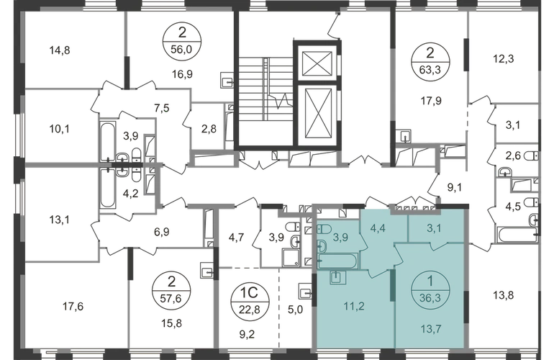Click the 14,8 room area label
(60, 50)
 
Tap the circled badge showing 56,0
(182, 42)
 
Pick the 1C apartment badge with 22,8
(250, 301)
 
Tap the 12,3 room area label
(503, 58)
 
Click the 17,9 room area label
(431, 101)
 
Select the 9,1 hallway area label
(455, 187)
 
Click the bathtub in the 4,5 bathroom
(517, 235)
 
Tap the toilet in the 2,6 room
(532, 156)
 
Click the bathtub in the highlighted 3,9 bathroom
(337, 261)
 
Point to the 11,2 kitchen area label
(354, 306)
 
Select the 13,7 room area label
(431, 329)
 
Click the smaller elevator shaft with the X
(317, 63)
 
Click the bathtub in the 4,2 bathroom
(107, 189)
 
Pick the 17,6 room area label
(73, 306)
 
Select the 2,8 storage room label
(209, 129)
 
